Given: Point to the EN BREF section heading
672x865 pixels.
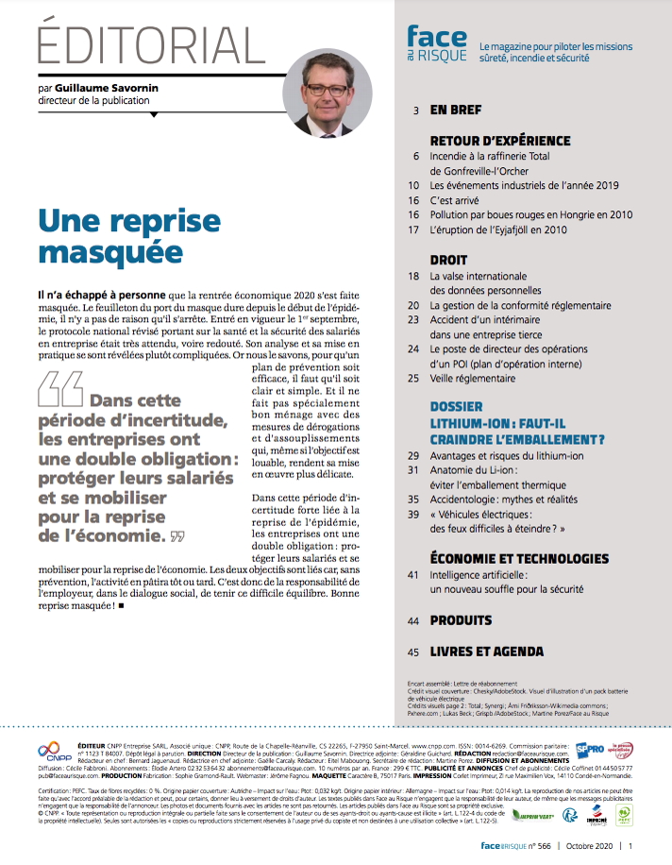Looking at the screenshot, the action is click(455, 110).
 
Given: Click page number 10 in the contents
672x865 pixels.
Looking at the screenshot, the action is click(413, 185).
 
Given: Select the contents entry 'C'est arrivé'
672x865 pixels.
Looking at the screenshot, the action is click(459, 200).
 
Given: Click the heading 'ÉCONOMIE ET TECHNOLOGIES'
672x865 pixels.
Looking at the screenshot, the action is click(518, 558).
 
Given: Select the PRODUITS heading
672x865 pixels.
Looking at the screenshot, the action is click(461, 620).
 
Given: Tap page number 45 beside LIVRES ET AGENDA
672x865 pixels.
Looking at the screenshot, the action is click(413, 652).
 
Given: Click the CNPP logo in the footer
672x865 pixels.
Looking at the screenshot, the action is click(49, 752).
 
